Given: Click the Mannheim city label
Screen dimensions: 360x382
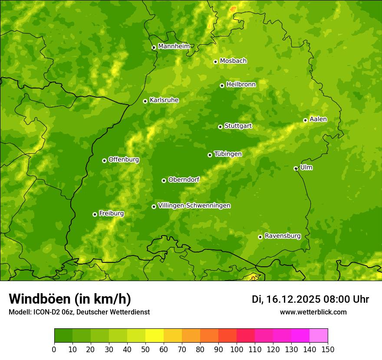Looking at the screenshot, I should [x=174, y=46].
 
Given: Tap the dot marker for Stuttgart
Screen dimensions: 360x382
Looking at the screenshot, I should [x=220, y=127].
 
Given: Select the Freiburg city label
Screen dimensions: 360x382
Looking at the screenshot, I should [x=111, y=213].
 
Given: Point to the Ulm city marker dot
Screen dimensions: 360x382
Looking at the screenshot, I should [x=296, y=168].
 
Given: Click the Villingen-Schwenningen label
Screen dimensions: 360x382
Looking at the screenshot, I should [x=194, y=206].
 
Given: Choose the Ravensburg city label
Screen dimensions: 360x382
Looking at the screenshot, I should [x=282, y=236].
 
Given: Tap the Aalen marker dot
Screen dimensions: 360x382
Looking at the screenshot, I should [x=305, y=120].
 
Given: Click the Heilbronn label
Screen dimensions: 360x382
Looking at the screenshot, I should [x=241, y=85].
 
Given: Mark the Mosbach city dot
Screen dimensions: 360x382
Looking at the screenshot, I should [x=215, y=62].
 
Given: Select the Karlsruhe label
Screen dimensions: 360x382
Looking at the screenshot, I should [x=164, y=100].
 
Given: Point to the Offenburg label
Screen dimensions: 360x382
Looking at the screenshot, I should [x=123, y=160].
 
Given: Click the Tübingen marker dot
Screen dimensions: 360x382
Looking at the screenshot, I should [x=210, y=155].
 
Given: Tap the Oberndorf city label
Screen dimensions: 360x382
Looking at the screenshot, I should [x=184, y=180].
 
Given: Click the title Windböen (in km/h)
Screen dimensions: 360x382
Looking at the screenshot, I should [x=69, y=299].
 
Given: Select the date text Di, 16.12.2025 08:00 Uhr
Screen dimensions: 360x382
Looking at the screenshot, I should [x=310, y=299].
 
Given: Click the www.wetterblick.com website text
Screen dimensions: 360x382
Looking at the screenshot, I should [x=313, y=312].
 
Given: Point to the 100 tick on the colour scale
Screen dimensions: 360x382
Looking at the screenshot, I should [x=237, y=349].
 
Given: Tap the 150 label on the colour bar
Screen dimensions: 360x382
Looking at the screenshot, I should [x=328, y=349].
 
